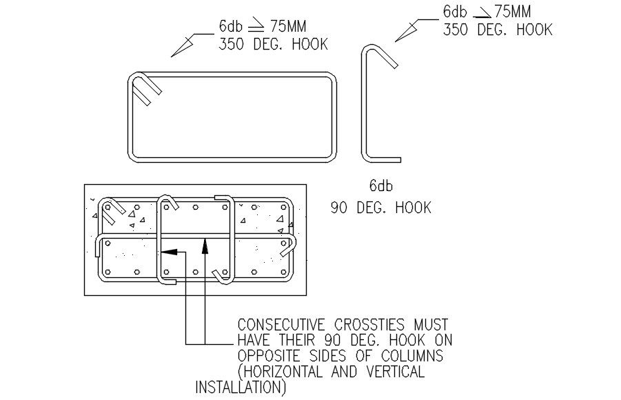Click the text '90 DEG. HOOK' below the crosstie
click(x=380, y=207)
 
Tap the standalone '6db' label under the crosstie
click(x=380, y=185)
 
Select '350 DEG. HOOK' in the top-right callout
click(x=497, y=30)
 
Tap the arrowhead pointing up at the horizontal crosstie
click(x=205, y=242)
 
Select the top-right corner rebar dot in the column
click(x=282, y=207)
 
